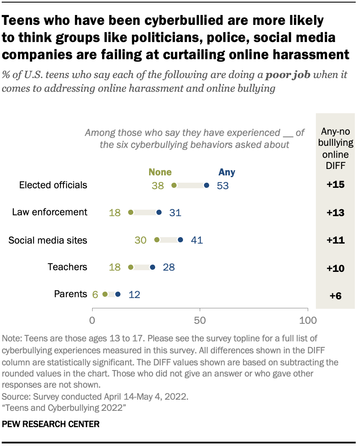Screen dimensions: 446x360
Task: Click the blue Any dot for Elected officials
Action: click(x=207, y=185)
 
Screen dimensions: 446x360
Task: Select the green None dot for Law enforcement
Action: click(x=131, y=212)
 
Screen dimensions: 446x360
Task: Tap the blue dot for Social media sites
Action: click(x=180, y=240)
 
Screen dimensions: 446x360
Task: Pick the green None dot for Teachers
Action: click(x=131, y=267)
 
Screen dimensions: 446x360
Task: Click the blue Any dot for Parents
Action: click(x=118, y=294)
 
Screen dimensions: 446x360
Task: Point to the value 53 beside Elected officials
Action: click(x=222, y=185)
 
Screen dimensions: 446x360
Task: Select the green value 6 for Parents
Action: click(x=95, y=294)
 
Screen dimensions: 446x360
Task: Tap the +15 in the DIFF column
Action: click(x=336, y=185)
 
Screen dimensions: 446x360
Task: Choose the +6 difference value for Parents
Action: click(x=336, y=295)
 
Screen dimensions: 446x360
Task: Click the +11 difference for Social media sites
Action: click(x=336, y=240)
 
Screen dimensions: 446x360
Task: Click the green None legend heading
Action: click(x=160, y=172)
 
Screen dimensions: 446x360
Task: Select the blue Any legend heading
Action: click(x=227, y=172)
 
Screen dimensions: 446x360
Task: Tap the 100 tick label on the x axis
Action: click(x=307, y=320)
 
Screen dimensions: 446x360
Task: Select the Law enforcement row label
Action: click(x=50, y=212)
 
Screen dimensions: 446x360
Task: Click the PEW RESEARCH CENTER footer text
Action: click(x=51, y=424)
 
